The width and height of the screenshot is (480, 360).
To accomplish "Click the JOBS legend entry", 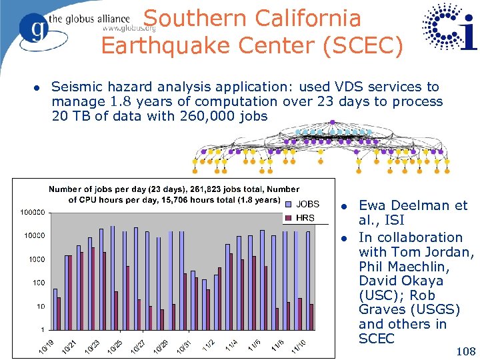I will [x=307, y=204].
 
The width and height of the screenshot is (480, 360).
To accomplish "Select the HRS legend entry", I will [x=305, y=218].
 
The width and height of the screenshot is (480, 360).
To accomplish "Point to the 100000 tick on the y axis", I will [x=31, y=213].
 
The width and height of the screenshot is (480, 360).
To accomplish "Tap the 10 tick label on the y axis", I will [x=40, y=307].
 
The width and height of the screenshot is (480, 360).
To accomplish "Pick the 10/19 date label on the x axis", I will [x=45, y=347].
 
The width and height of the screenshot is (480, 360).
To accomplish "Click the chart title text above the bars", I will [x=173, y=195].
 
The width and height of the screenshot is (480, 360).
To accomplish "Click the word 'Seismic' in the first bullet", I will [x=77, y=87].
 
